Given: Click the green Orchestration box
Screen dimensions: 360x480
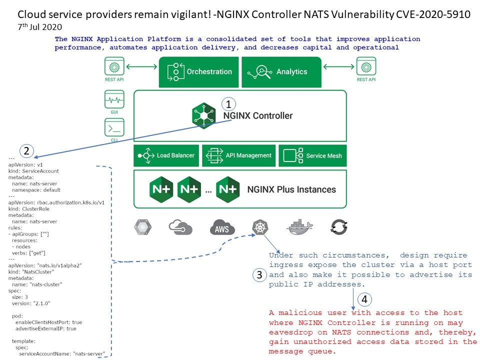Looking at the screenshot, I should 198,71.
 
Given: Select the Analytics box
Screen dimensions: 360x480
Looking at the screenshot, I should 281,71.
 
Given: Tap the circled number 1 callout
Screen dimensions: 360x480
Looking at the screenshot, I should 228,104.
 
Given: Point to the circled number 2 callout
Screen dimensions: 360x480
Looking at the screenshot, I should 26,150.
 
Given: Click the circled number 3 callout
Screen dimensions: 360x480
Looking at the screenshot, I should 259,274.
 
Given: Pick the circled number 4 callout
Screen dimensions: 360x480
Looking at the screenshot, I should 365,299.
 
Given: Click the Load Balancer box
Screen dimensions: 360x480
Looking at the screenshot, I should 166,155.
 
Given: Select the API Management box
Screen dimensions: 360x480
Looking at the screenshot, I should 239,155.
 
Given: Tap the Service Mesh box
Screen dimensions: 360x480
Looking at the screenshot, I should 312,155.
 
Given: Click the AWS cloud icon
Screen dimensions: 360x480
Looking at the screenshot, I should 222,227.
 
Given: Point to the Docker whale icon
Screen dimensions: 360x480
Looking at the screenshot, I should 300,227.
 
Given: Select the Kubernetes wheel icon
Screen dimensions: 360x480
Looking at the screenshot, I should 260,227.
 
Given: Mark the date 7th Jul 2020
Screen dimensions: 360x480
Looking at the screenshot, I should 40,26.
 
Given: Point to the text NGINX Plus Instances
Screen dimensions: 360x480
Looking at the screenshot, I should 291,189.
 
